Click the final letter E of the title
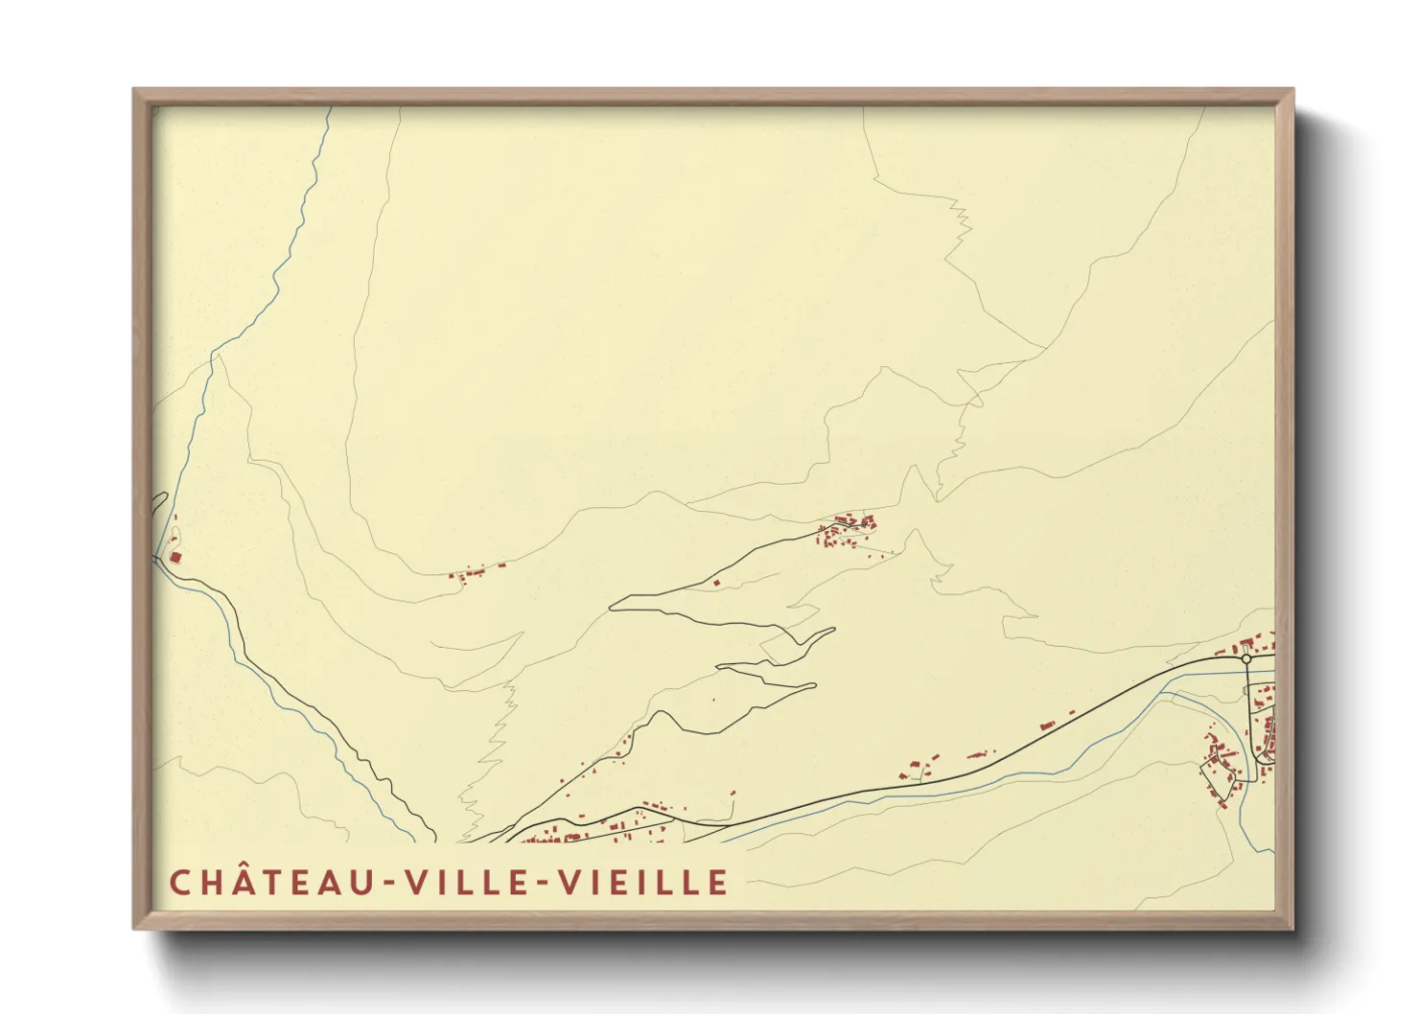[x=718, y=883]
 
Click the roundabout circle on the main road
[x=1245, y=658]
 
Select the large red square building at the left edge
[x=175, y=556]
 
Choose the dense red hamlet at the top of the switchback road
[x=847, y=529]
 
